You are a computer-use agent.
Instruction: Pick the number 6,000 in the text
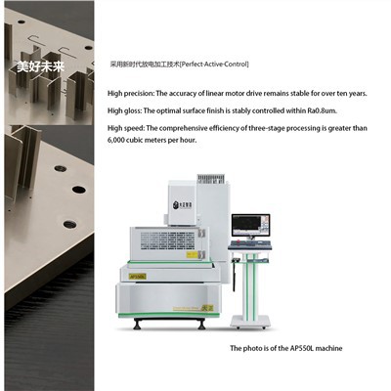click(x=120, y=140)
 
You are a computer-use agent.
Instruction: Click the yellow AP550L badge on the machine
click(x=138, y=277)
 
